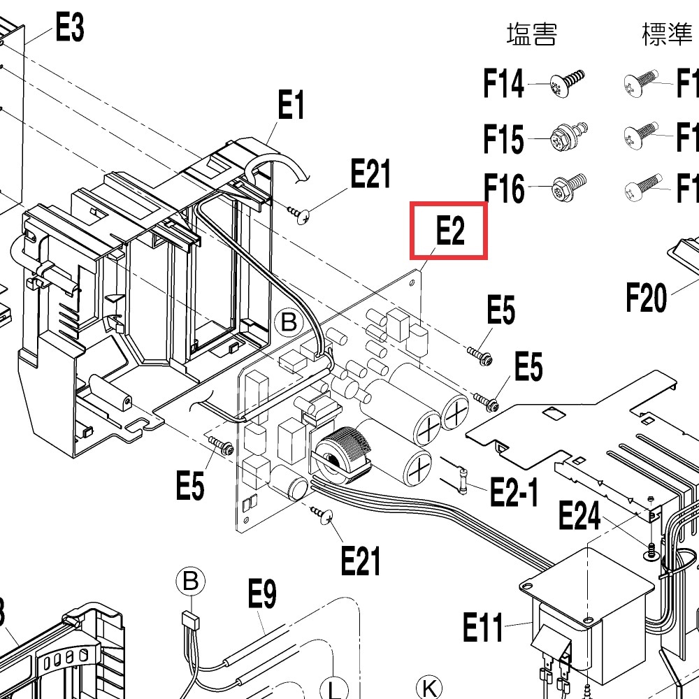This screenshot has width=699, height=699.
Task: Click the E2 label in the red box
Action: point(449,231)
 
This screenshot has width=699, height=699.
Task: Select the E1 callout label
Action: point(291,106)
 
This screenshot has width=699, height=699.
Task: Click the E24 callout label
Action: point(579,517)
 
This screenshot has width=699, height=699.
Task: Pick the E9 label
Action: point(262,596)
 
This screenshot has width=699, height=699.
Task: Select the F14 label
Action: point(503,84)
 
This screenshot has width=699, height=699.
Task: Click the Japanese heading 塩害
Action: point(531,34)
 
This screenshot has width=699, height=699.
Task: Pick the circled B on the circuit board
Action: point(288,322)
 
